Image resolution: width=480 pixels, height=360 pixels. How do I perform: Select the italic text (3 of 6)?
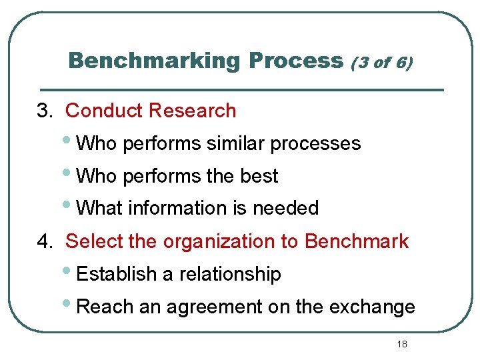pos(382,63)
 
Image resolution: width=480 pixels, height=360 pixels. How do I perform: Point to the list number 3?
pos(44,111)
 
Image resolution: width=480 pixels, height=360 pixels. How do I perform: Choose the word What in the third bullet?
pos(99,208)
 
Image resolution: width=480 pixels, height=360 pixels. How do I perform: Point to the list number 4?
pos(44,241)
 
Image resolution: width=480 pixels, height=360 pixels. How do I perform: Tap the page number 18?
pos(401,344)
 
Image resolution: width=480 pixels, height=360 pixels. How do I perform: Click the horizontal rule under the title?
pos(241,89)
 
